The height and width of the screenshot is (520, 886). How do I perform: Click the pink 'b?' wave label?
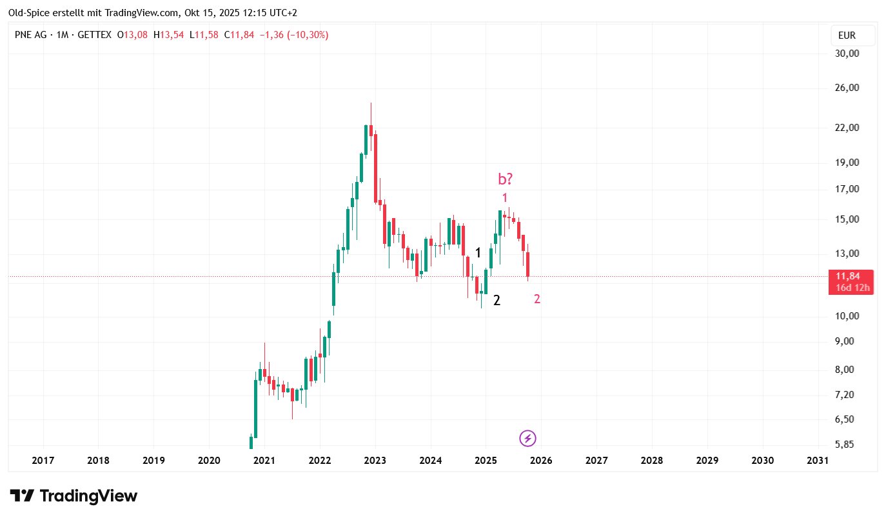pyautogui.click(x=505, y=179)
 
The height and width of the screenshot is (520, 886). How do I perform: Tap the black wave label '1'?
pyautogui.click(x=478, y=253)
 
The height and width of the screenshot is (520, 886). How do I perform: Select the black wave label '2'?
pyautogui.click(x=497, y=300)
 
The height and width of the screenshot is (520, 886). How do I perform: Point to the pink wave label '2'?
pyautogui.click(x=537, y=299)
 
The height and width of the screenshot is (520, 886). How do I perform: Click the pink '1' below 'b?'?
pyautogui.click(x=505, y=198)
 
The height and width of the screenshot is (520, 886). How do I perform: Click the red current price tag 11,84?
pyautogui.click(x=851, y=282)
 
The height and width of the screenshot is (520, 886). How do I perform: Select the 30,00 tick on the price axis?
pyautogui.click(x=846, y=54)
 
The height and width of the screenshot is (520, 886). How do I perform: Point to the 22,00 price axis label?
pyautogui.click(x=846, y=128)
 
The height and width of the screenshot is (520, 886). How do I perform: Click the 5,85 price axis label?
pyautogui.click(x=846, y=445)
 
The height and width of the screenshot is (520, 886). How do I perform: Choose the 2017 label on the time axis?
pyautogui.click(x=43, y=460)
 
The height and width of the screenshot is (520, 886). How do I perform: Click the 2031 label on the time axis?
pyautogui.click(x=818, y=460)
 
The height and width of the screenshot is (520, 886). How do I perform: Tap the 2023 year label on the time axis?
pyautogui.click(x=375, y=460)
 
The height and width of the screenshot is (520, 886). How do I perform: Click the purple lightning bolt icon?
pyautogui.click(x=527, y=439)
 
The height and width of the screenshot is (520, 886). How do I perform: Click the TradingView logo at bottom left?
pyautogui.click(x=74, y=495)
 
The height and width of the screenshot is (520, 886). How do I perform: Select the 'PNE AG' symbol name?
pyautogui.click(x=30, y=35)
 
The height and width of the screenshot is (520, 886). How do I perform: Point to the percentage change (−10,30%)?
pyautogui.click(x=306, y=35)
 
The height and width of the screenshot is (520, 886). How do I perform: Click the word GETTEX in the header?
pyautogui.click(x=94, y=35)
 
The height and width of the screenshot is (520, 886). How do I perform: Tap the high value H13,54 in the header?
pyautogui.click(x=168, y=35)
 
